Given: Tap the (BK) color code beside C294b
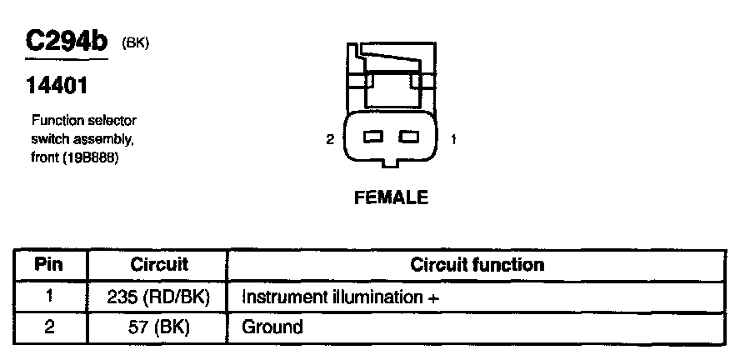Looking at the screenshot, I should pyautogui.click(x=134, y=42).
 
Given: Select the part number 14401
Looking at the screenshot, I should pyautogui.click(x=56, y=86).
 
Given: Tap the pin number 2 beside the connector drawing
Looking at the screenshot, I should pyautogui.click(x=330, y=139).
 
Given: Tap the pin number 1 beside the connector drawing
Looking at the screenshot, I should pyautogui.click(x=452, y=139).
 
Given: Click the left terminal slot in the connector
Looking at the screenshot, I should pyautogui.click(x=374, y=136).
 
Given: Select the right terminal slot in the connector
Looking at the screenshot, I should pyautogui.click(x=408, y=136).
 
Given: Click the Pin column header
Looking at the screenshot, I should pyautogui.click(x=49, y=265).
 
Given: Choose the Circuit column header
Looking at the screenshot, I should pyautogui.click(x=159, y=265).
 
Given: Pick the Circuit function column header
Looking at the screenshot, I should pyautogui.click(x=477, y=265).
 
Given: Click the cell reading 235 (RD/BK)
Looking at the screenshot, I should pyautogui.click(x=159, y=296).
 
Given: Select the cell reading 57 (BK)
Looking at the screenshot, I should pyautogui.click(x=159, y=327).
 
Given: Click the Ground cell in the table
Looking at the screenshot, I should pyautogui.click(x=272, y=327).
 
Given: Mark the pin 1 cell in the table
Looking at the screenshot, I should pyautogui.click(x=49, y=296).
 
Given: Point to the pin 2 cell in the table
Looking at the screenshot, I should pyautogui.click(x=49, y=327).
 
